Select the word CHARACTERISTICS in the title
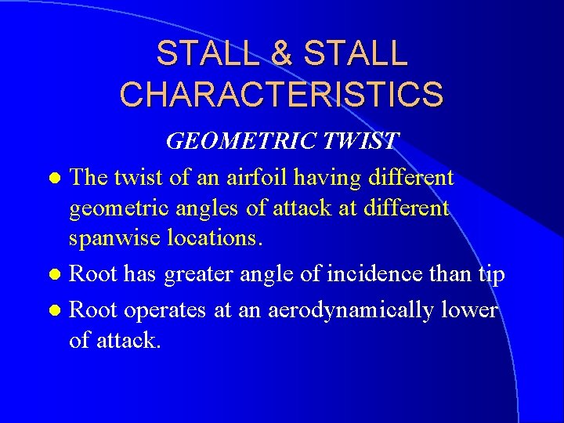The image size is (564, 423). [x=281, y=94]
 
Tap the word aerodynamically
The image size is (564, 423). [x=350, y=310]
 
